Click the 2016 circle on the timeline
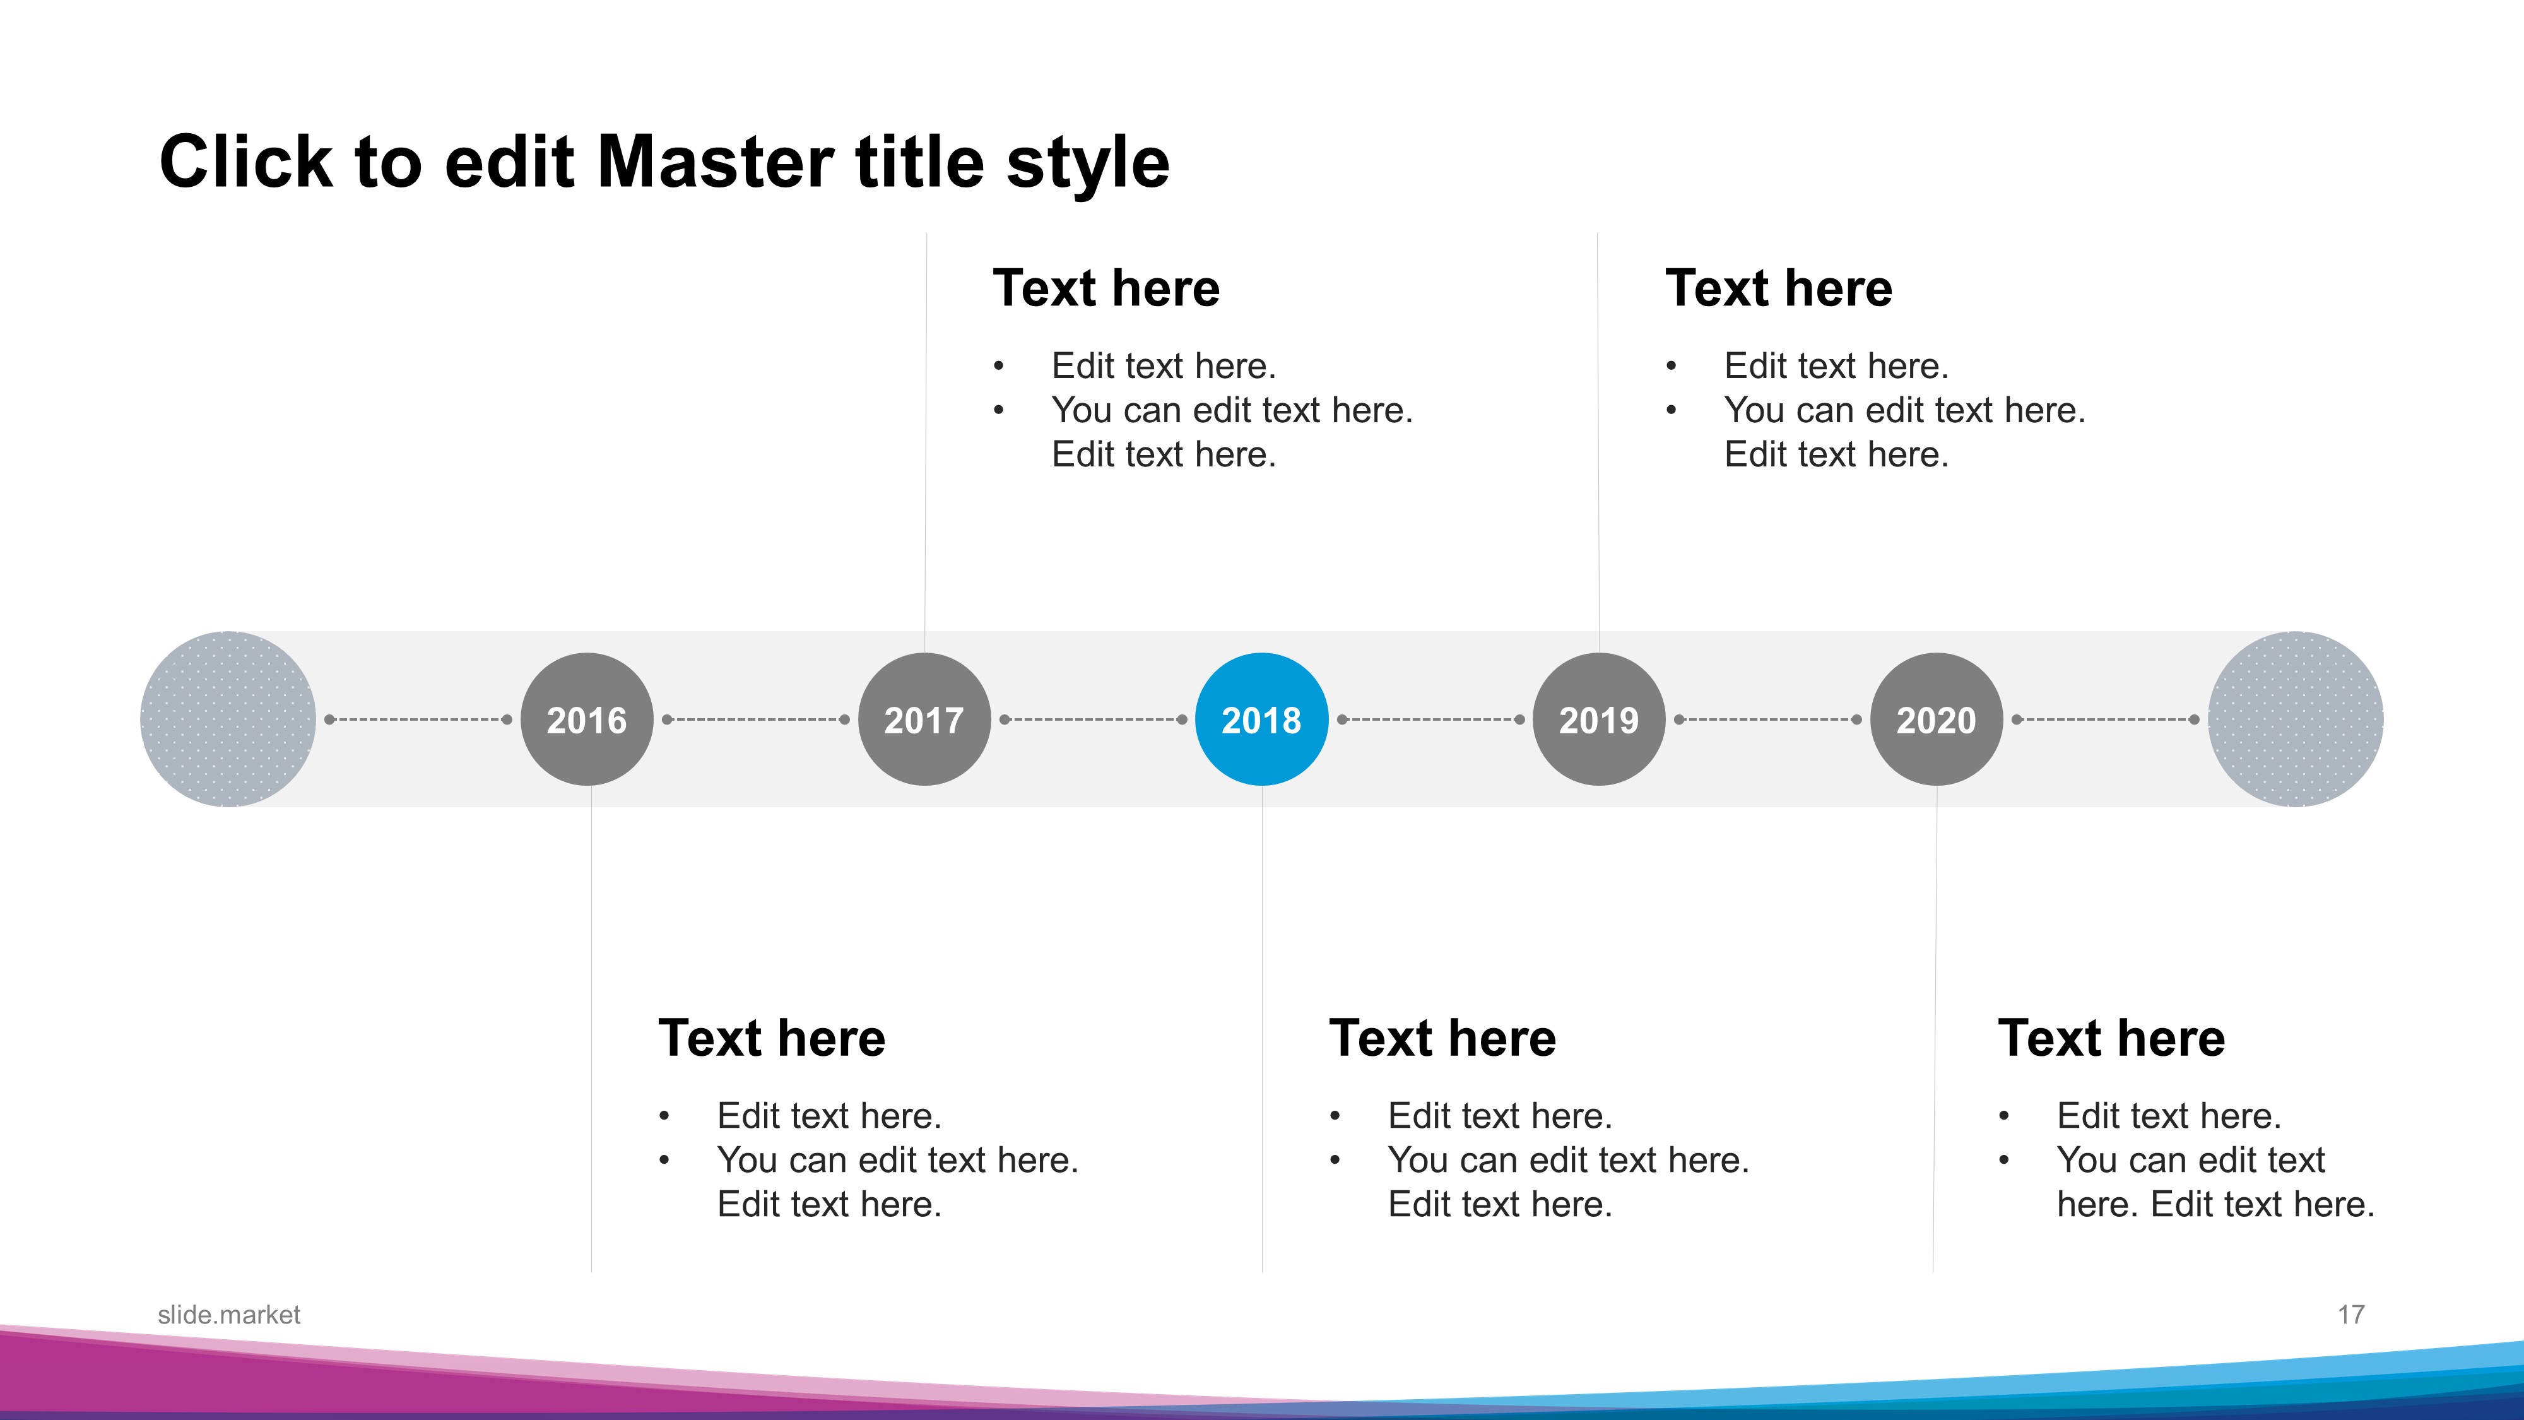pyautogui.click(x=587, y=719)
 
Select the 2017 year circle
pyautogui.click(x=924, y=719)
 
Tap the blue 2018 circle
pyautogui.click(x=1262, y=719)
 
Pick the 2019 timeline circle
pyautogui.click(x=1599, y=719)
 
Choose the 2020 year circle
pyautogui.click(x=1936, y=719)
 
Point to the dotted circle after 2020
pyautogui.click(x=2296, y=719)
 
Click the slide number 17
pyautogui.click(x=2350, y=1315)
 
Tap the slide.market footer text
pyautogui.click(x=229, y=1315)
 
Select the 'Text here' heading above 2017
pyautogui.click(x=1106, y=288)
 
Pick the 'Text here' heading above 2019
pyautogui.click(x=1778, y=288)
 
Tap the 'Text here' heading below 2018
pyautogui.click(x=1442, y=1038)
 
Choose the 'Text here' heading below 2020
pyautogui.click(x=2111, y=1038)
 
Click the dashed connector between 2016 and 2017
pyautogui.click(x=755, y=719)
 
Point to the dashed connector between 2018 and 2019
pyautogui.click(x=1430, y=719)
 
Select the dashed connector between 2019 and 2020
pyautogui.click(x=1767, y=719)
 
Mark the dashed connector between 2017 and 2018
pyautogui.click(x=1094, y=719)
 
